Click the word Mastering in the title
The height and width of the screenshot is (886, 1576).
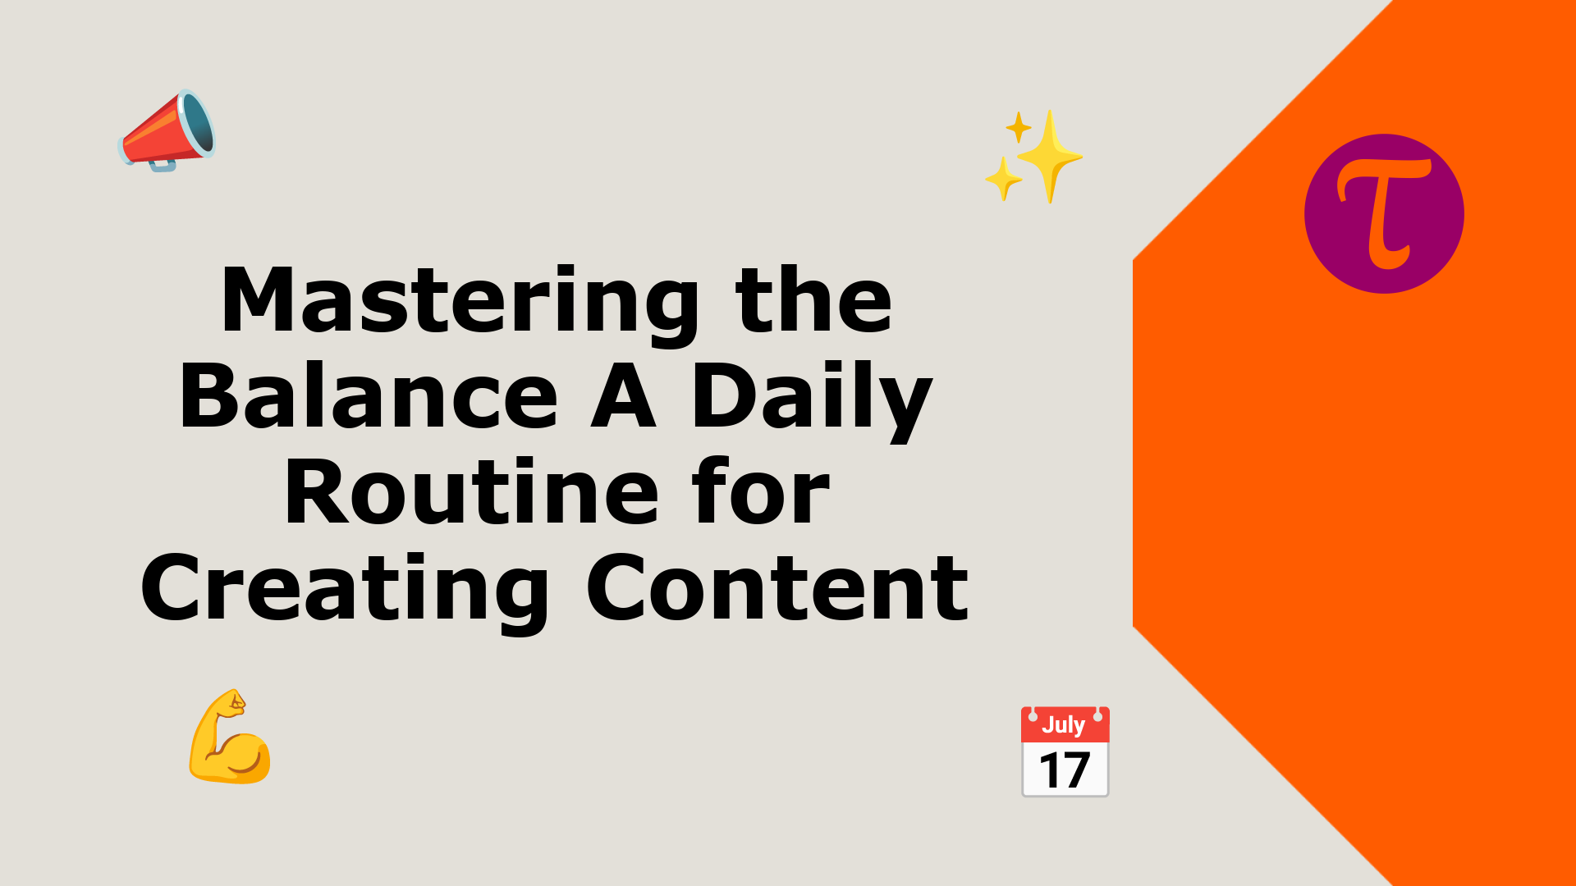(460, 302)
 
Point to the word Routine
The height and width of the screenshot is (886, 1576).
(471, 491)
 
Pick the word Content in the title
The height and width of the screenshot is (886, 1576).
(777, 587)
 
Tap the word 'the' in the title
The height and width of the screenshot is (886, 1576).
(813, 299)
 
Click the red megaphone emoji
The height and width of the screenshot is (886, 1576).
(167, 130)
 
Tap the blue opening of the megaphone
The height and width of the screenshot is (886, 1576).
(198, 123)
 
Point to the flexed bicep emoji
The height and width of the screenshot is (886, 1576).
(230, 737)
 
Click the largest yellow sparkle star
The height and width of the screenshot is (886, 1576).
(1049, 156)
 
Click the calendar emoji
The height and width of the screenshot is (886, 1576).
(1065, 751)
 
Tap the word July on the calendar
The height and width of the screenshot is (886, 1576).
(1063, 724)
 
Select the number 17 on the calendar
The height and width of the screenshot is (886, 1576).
(1065, 770)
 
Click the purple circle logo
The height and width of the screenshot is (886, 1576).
(1384, 213)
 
